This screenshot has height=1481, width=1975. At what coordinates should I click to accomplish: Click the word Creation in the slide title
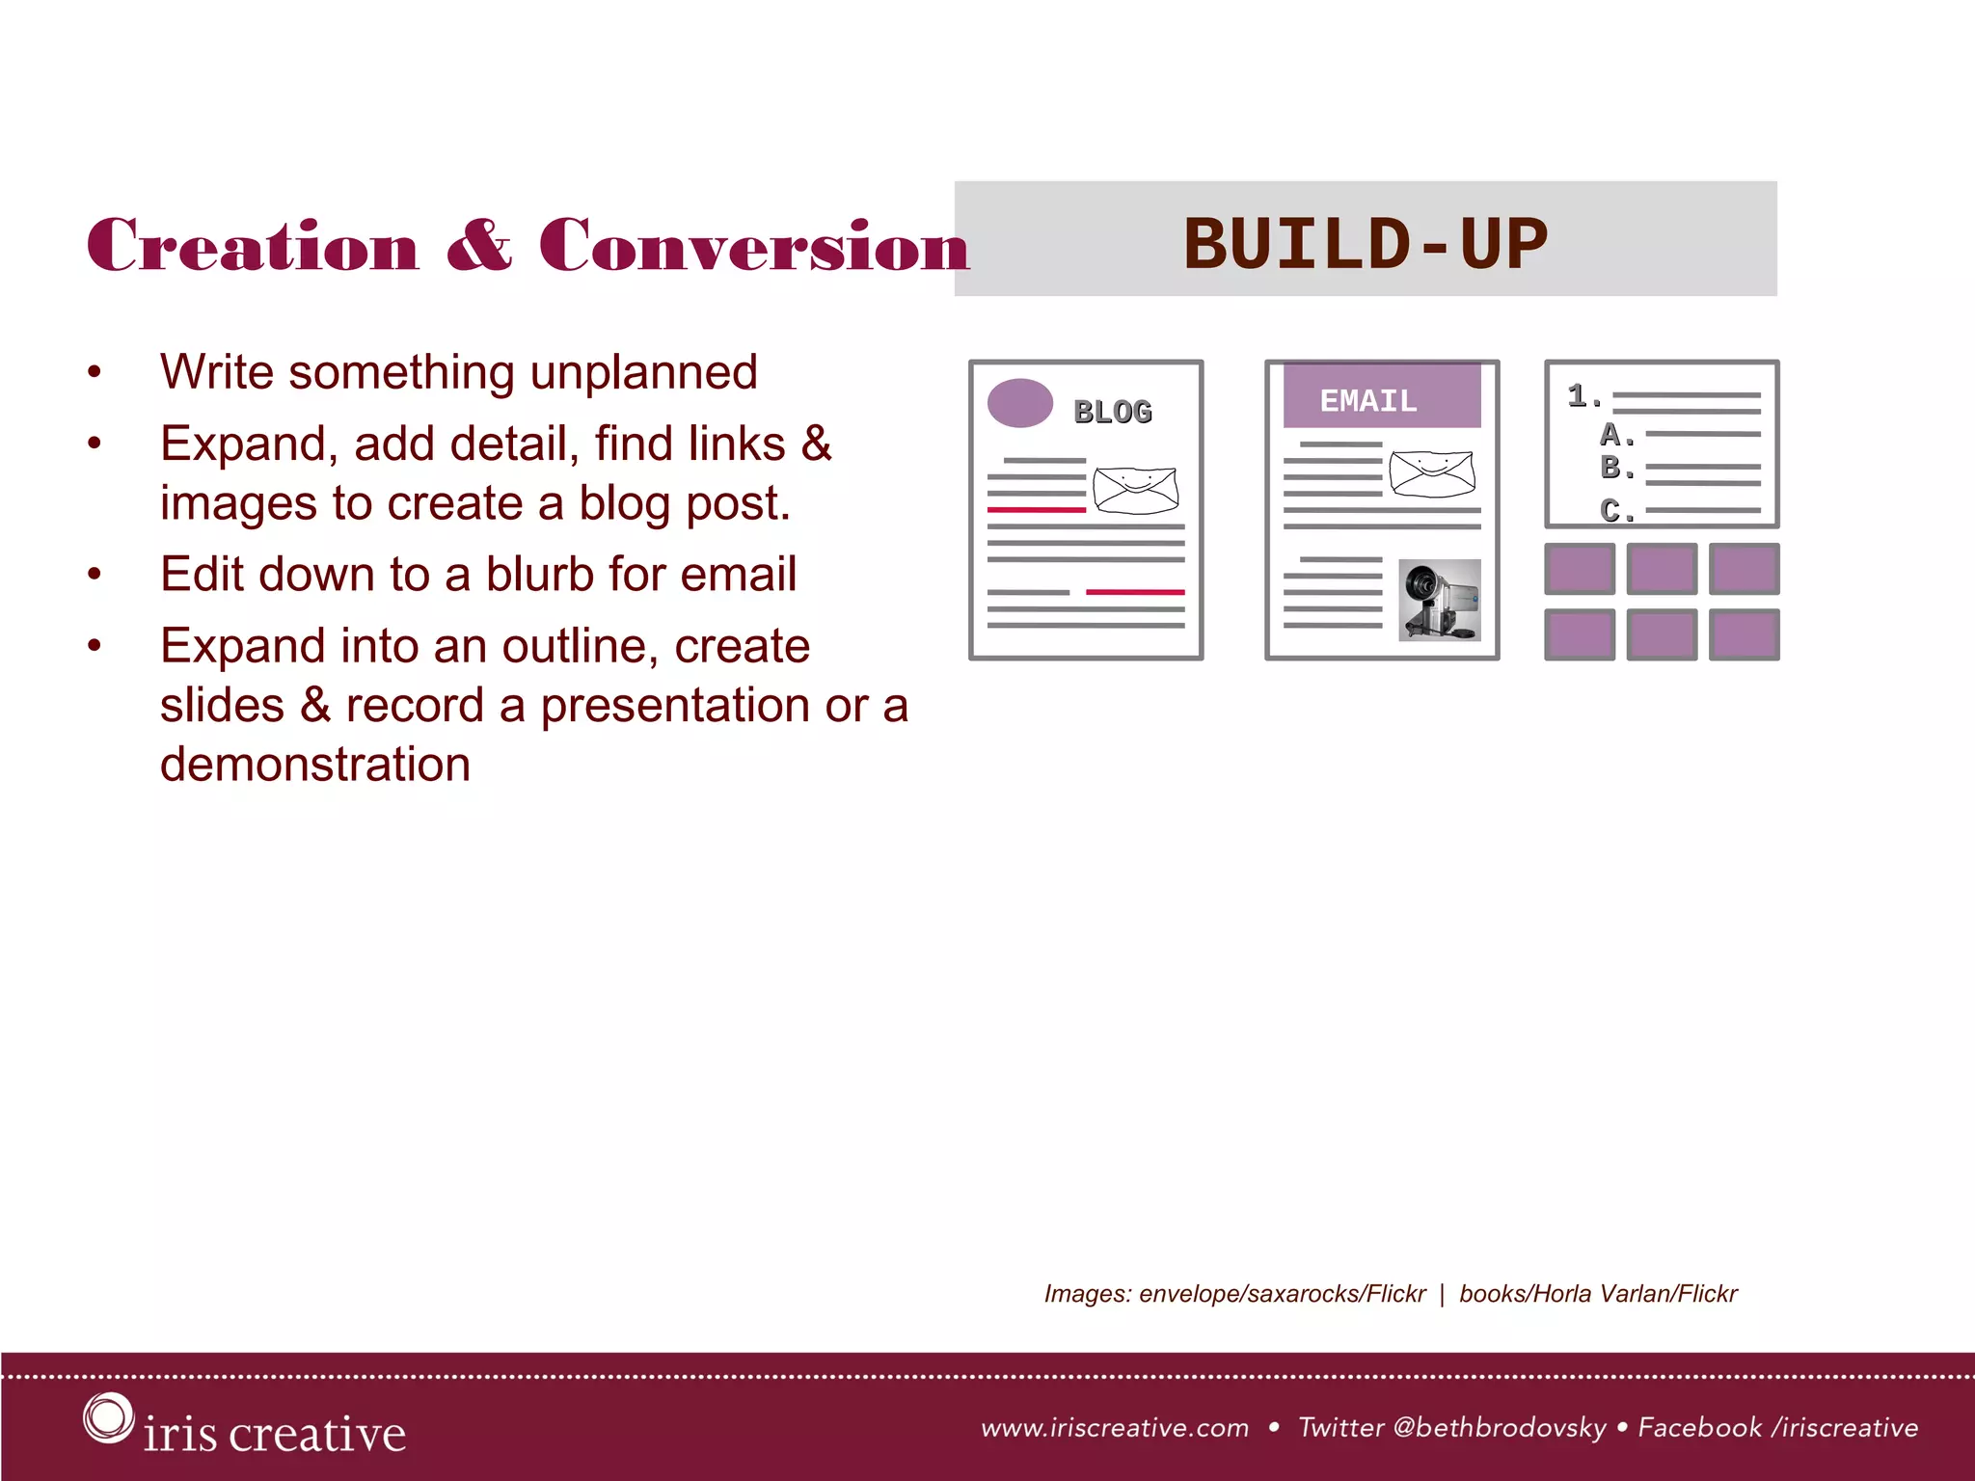click(x=253, y=245)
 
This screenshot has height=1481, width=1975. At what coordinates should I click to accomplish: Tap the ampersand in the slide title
click(x=479, y=245)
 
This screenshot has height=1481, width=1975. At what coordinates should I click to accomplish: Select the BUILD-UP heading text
click(x=1365, y=243)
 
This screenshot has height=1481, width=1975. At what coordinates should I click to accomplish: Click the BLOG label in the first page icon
click(x=1113, y=412)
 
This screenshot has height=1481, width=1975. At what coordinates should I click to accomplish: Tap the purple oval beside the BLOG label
click(x=1020, y=403)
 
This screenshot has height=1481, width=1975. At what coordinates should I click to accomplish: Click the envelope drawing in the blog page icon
click(x=1136, y=490)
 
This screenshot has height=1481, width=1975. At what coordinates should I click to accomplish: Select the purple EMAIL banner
click(x=1381, y=396)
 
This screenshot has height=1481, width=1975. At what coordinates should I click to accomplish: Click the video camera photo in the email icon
click(x=1439, y=600)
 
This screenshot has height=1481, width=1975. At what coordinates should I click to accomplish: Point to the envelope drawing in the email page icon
click(x=1432, y=473)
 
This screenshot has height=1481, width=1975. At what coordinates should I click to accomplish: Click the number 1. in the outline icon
click(x=1583, y=395)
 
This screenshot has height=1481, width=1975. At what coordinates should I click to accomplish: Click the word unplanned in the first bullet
click(x=643, y=372)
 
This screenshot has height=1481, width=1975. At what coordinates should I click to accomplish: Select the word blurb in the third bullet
click(x=540, y=574)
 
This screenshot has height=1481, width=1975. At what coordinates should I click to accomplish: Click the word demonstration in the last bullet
click(x=315, y=764)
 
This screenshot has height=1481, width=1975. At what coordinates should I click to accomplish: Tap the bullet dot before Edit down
click(x=94, y=575)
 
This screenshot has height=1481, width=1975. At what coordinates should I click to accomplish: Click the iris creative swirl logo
click(x=107, y=1417)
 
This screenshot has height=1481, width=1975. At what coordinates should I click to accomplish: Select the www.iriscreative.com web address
click(x=1114, y=1427)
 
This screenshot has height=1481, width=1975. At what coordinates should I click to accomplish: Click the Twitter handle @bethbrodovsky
click(x=1500, y=1427)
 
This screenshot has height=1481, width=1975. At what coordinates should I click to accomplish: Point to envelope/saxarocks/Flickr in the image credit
click(x=1282, y=1293)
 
